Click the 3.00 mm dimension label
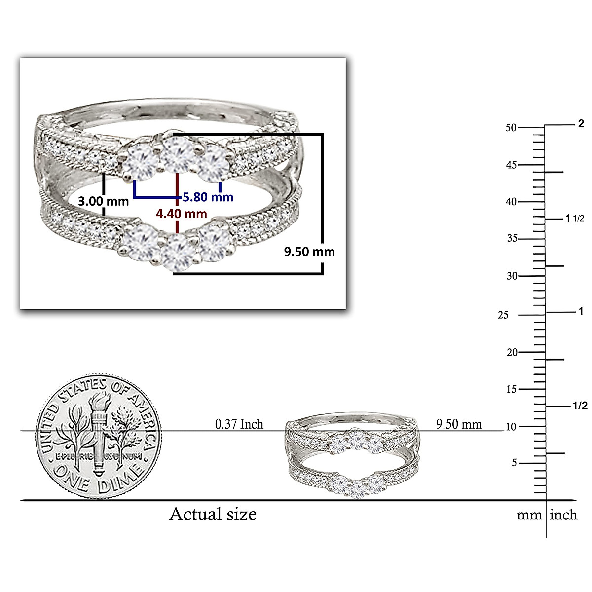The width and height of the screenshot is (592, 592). (104, 201)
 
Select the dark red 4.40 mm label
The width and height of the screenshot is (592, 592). (181, 214)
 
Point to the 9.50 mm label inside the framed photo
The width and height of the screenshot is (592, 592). (309, 252)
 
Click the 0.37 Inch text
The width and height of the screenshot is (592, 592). (239, 424)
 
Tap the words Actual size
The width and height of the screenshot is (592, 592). (213, 514)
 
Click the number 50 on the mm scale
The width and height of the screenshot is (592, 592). (511, 128)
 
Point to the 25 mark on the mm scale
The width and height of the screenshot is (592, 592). (503, 315)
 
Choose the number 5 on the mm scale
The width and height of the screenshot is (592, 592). (514, 463)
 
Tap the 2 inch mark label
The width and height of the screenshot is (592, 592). (581, 124)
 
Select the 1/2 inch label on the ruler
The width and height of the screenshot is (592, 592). (580, 406)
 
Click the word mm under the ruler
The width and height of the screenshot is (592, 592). (529, 515)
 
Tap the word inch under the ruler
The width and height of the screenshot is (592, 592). (563, 515)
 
